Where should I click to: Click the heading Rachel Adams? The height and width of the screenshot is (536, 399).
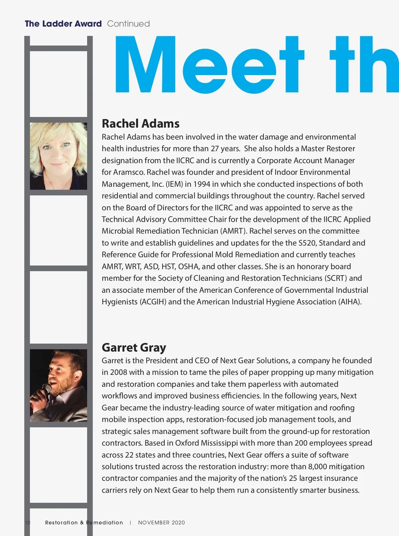click(x=140, y=124)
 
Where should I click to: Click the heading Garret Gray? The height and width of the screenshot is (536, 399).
click(x=134, y=348)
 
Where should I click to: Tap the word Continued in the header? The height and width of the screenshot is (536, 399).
click(x=128, y=24)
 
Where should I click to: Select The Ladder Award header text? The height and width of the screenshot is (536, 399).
click(x=63, y=24)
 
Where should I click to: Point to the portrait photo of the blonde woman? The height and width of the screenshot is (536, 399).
click(x=59, y=156)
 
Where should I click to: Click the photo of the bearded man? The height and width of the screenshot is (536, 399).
click(x=59, y=385)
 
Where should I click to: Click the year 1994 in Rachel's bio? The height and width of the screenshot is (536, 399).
click(x=201, y=184)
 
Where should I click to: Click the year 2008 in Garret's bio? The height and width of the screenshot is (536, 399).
click(x=118, y=372)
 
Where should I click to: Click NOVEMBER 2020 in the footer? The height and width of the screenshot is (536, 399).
click(x=161, y=522)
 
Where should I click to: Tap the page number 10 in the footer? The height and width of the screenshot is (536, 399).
click(x=28, y=522)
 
